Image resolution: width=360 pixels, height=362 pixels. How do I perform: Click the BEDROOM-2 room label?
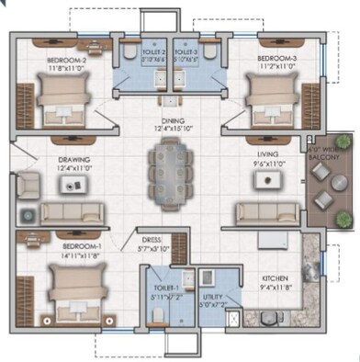[x=66, y=61]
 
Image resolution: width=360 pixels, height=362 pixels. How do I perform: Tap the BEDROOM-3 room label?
[x=276, y=58]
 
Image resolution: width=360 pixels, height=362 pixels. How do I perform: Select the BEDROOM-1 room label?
[x=81, y=247]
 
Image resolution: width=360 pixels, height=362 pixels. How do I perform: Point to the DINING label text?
[x=173, y=119]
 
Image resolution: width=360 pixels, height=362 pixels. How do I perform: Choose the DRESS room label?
[x=151, y=239]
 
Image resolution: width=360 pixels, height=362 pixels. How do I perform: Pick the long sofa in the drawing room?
[x=72, y=214]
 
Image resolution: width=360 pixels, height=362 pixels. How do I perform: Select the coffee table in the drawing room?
[x=70, y=184]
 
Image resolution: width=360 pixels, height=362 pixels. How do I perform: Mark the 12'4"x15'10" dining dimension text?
[x=173, y=129]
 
